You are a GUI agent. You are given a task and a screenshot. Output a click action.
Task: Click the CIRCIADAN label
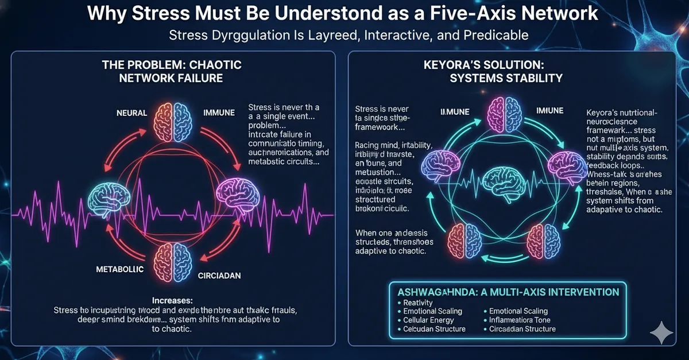coord(218,276)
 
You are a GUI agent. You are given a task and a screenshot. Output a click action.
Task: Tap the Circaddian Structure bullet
coord(522,329)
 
